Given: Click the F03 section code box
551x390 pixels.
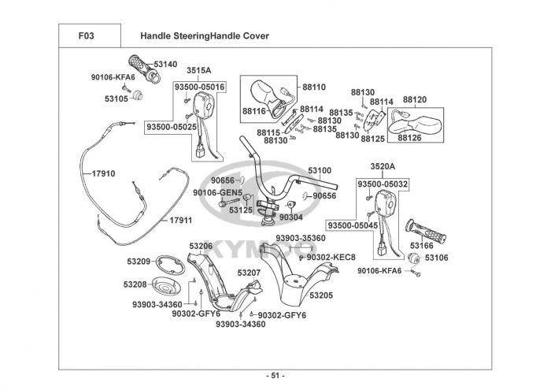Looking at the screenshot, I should pyautogui.click(x=89, y=35).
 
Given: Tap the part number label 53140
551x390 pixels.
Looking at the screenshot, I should pyautogui.click(x=165, y=64).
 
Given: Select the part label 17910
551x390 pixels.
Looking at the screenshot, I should pyautogui.click(x=103, y=173).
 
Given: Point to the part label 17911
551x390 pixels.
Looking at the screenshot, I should pyautogui.click(x=181, y=221).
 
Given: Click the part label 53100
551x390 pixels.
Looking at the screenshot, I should pyautogui.click(x=319, y=169).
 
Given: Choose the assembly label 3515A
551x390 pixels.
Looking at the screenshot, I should pyautogui.click(x=198, y=71).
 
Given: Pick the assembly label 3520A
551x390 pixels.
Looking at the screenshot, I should pyautogui.click(x=382, y=167).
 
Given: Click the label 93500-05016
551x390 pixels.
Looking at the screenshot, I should pyautogui.click(x=199, y=86).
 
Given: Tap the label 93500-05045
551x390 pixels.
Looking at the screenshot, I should pyautogui.click(x=354, y=225).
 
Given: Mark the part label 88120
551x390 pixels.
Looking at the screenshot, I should pyautogui.click(x=414, y=100).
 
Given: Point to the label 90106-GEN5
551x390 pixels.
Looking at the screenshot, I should pyautogui.click(x=216, y=191).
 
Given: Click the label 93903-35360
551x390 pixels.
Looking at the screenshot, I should pyautogui.click(x=300, y=238).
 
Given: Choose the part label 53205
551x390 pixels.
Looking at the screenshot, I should pyautogui.click(x=321, y=295).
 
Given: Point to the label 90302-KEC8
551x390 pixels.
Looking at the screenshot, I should pyautogui.click(x=331, y=257).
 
